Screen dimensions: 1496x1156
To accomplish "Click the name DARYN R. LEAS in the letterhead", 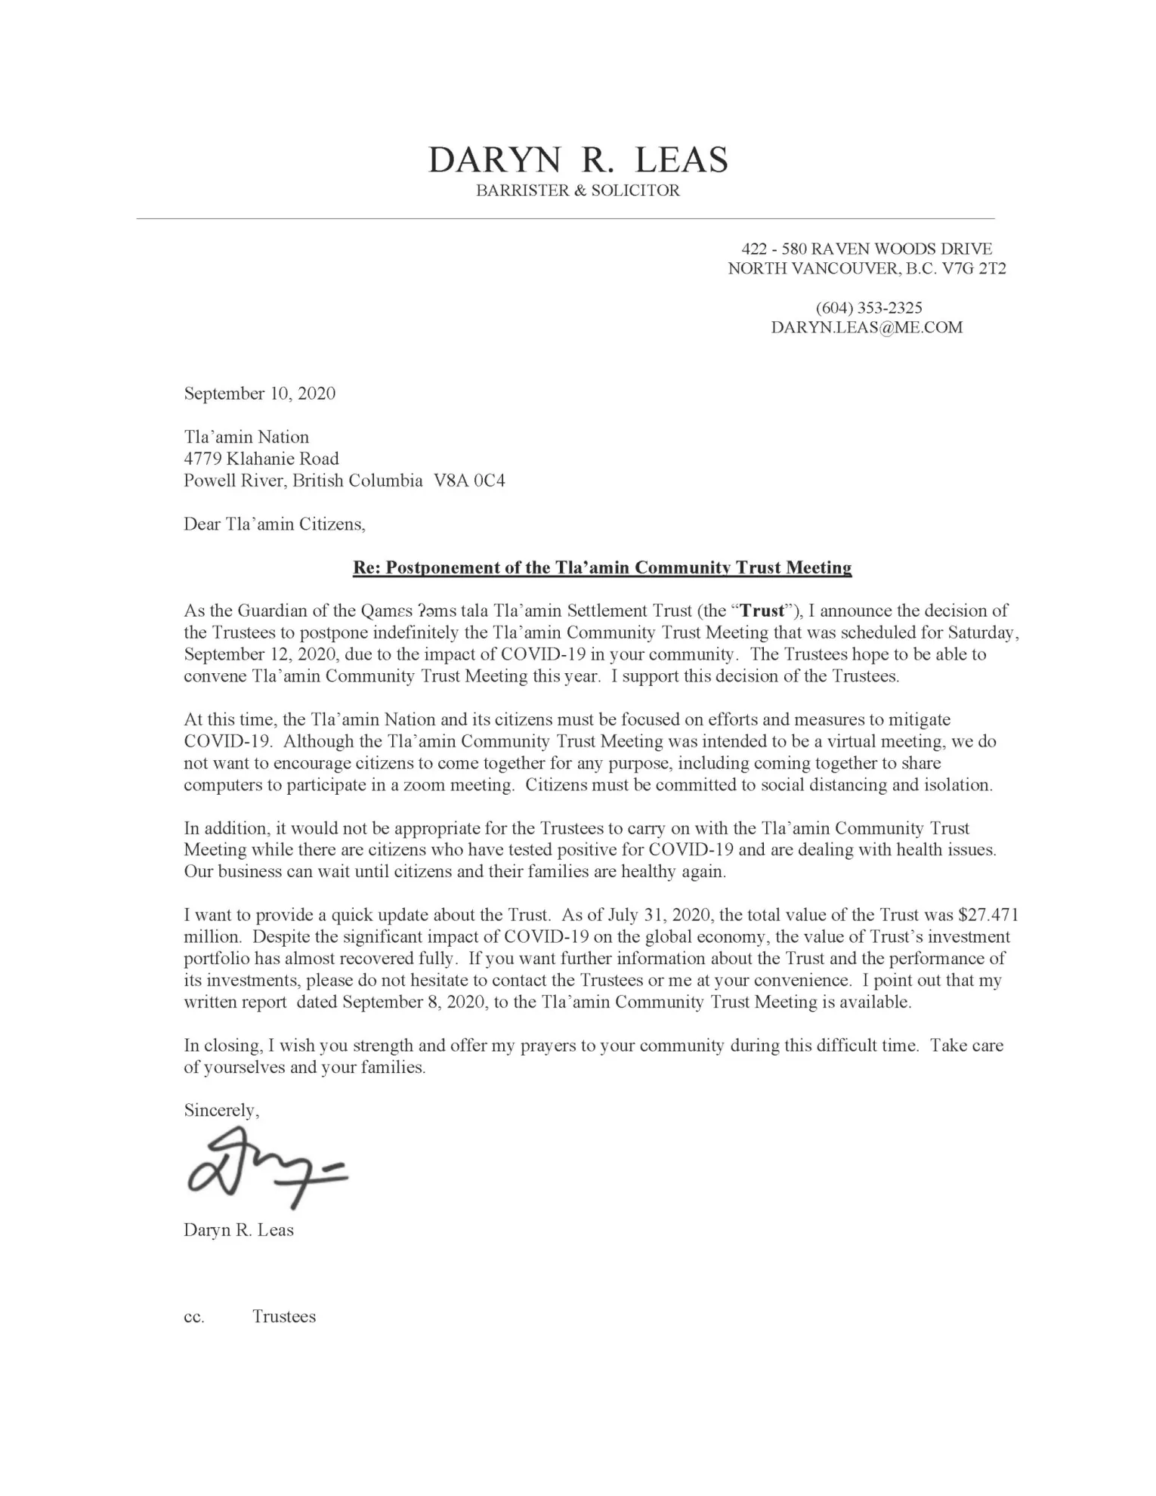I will click(x=578, y=160).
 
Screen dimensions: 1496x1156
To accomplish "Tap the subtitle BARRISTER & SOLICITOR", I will click(x=578, y=190).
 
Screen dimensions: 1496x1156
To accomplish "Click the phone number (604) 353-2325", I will click(x=868, y=308).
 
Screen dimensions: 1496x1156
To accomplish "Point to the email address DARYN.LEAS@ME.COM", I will click(x=867, y=327).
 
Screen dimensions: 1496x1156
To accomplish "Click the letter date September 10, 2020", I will click(x=259, y=394).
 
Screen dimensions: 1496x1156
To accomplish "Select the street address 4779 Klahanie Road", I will click(x=261, y=459).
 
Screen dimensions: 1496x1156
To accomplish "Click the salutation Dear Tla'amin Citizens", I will click(x=274, y=524).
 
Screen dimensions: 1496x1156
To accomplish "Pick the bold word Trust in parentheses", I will click(x=763, y=610).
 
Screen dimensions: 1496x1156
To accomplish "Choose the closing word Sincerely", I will click(x=221, y=1110).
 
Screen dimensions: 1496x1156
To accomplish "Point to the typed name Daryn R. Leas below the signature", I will click(x=239, y=1230).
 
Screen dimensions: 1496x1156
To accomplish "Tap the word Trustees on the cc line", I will click(x=284, y=1317).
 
